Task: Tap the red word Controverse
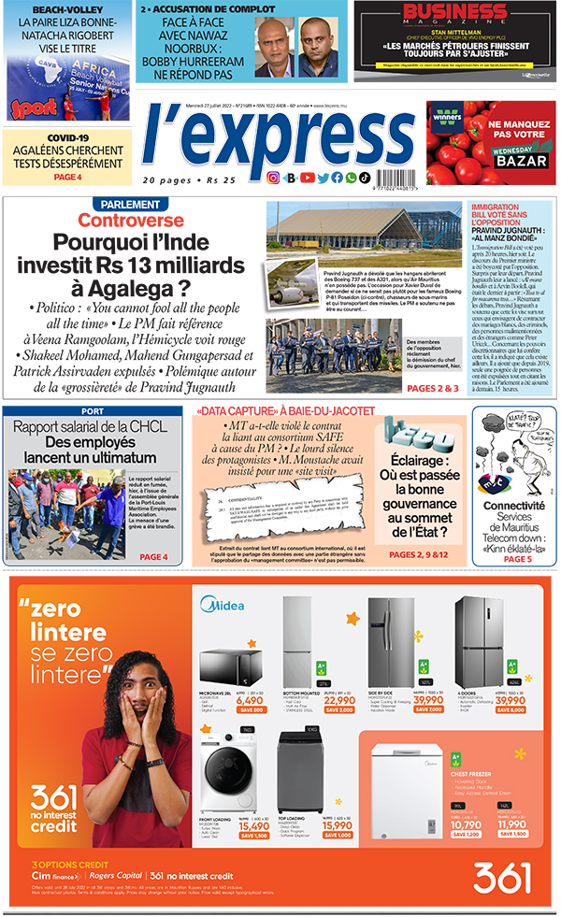(x=130, y=221)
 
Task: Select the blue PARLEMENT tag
(x=131, y=205)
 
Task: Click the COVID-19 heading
(x=67, y=137)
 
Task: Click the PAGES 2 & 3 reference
(x=433, y=387)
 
